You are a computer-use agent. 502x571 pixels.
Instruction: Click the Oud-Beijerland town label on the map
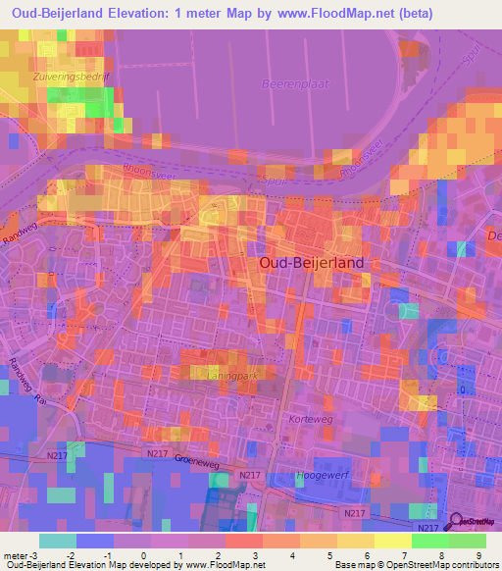(311, 263)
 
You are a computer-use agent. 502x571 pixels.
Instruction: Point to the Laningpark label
(216, 373)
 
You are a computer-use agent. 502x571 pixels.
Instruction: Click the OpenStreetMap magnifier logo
(458, 522)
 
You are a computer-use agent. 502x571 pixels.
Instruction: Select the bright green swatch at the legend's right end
(468, 541)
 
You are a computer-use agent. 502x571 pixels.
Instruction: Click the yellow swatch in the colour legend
(356, 541)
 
